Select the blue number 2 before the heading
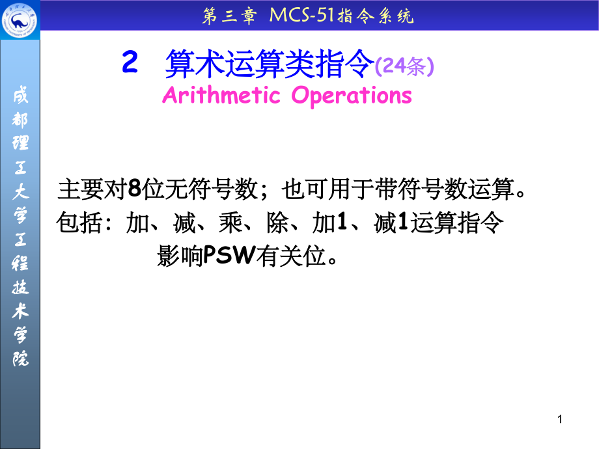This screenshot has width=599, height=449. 130,64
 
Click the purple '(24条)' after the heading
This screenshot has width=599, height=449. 404,66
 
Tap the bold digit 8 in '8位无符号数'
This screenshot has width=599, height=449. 134,190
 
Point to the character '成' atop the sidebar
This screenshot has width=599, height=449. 20,98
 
